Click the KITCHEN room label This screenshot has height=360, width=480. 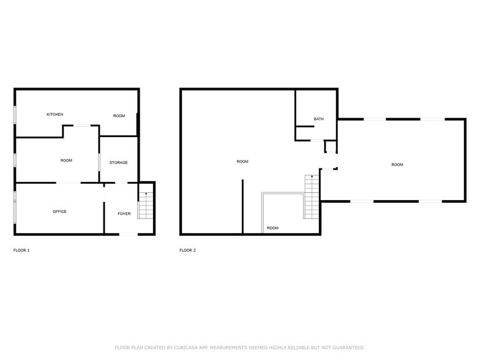(55, 114)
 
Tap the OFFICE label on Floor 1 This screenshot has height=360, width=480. (59, 212)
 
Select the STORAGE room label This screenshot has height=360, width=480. (119, 163)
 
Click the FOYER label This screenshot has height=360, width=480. (124, 214)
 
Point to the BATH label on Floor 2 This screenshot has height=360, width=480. (318, 119)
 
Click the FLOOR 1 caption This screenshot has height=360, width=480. (21, 250)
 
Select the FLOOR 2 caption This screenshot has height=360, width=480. (187, 250)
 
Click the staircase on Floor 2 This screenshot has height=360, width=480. (312, 196)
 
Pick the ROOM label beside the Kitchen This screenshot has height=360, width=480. (119, 116)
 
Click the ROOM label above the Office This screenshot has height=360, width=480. (66, 160)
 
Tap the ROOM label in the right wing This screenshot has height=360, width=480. (397, 165)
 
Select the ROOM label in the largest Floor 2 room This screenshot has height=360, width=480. (242, 162)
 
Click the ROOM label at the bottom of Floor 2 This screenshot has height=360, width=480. (272, 228)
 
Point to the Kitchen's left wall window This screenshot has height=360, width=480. (15, 114)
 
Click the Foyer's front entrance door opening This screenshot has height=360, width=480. (128, 234)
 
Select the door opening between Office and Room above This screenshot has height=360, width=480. (68, 182)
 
